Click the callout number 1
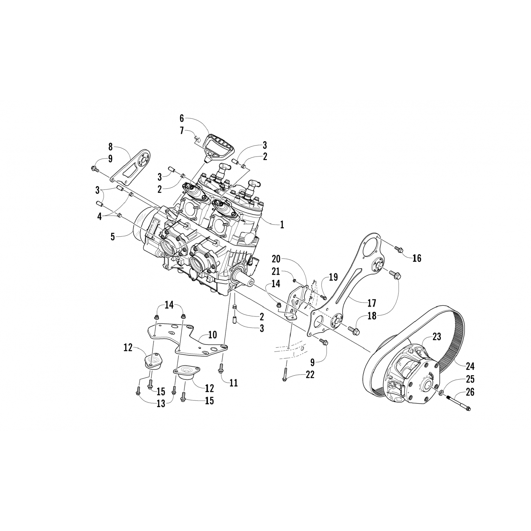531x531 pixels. pos(282,224)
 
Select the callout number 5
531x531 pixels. pos(113,237)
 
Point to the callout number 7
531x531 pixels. pos(182,131)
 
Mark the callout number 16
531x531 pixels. pos(417,258)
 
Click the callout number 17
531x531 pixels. pos(372,303)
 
